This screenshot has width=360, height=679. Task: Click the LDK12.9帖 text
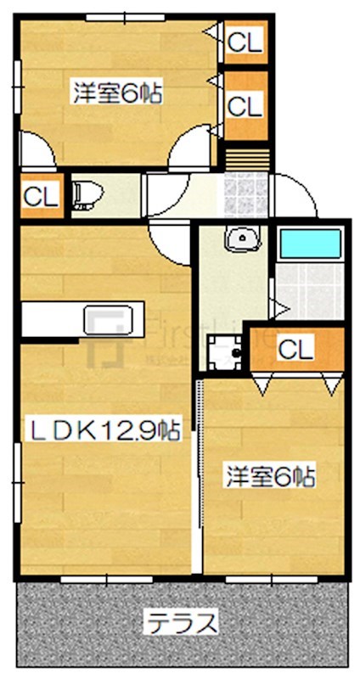[107, 430]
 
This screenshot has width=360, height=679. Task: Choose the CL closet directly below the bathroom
[295, 347]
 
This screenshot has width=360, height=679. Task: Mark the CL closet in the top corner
[245, 40]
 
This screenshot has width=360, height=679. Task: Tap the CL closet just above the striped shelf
[245, 106]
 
